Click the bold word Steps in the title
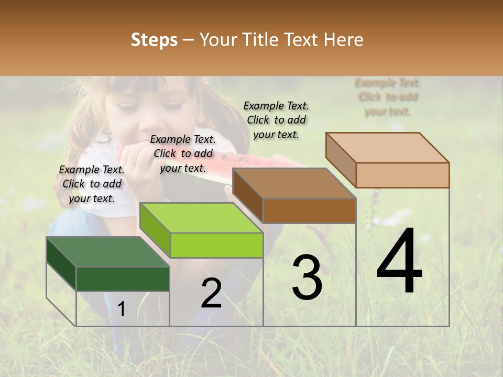[154, 40]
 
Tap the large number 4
[399, 261]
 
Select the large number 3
[307, 278]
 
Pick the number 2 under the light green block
[211, 293]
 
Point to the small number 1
[121, 309]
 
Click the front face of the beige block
[402, 175]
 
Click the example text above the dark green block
[92, 184]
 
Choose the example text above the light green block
[183, 153]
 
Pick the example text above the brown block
[276, 120]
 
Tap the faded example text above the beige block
[388, 97]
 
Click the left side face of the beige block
[341, 159]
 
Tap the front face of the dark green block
[123, 279]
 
